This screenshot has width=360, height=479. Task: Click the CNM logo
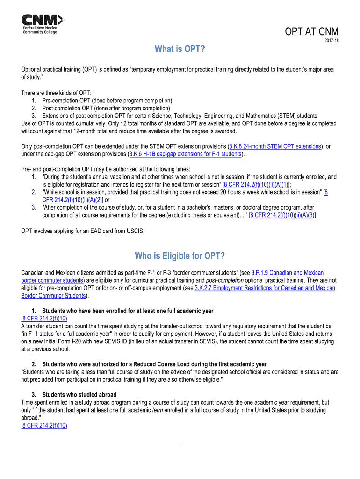pyautogui.click(x=42, y=24)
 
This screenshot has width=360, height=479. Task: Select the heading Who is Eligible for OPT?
pyautogui.click(x=180, y=256)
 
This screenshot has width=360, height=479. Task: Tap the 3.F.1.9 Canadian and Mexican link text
pyautogui.click(x=287, y=273)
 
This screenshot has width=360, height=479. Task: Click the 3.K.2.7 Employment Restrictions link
pyautogui.click(x=265, y=288)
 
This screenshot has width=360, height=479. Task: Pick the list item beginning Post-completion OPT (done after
pyautogui.click(x=106, y=108)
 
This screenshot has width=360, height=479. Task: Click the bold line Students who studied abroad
pyautogui.click(x=79, y=394)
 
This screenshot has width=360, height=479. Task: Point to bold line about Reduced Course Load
pyautogui.click(x=154, y=364)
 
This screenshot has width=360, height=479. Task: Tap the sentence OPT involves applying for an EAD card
pyautogui.click(x=83, y=231)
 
